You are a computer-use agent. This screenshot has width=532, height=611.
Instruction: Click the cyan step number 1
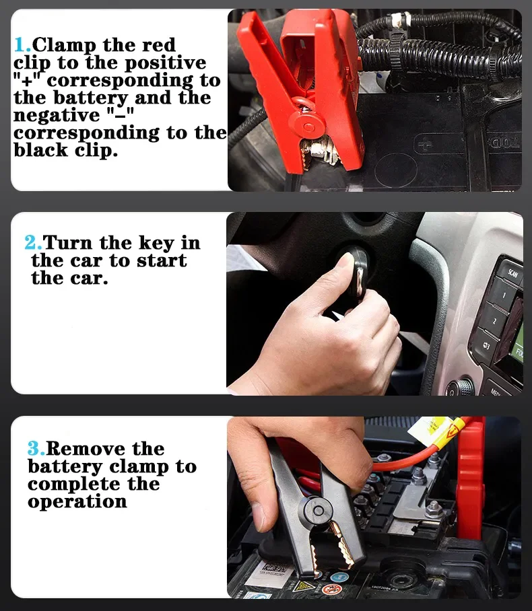coord(22,46)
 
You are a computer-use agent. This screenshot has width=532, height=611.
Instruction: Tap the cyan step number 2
coord(32,243)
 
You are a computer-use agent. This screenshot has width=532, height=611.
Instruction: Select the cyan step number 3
coord(35,449)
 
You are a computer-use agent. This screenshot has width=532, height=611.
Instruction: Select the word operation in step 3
coord(77,502)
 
